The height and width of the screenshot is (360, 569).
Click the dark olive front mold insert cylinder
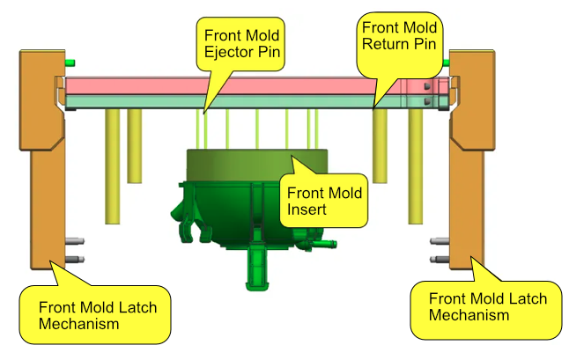coord(255,167)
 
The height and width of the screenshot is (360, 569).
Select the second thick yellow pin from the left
coord(134,145)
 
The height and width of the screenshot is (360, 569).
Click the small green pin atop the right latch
coord(447,62)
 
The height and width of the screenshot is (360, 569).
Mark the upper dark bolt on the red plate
coord(426,87)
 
